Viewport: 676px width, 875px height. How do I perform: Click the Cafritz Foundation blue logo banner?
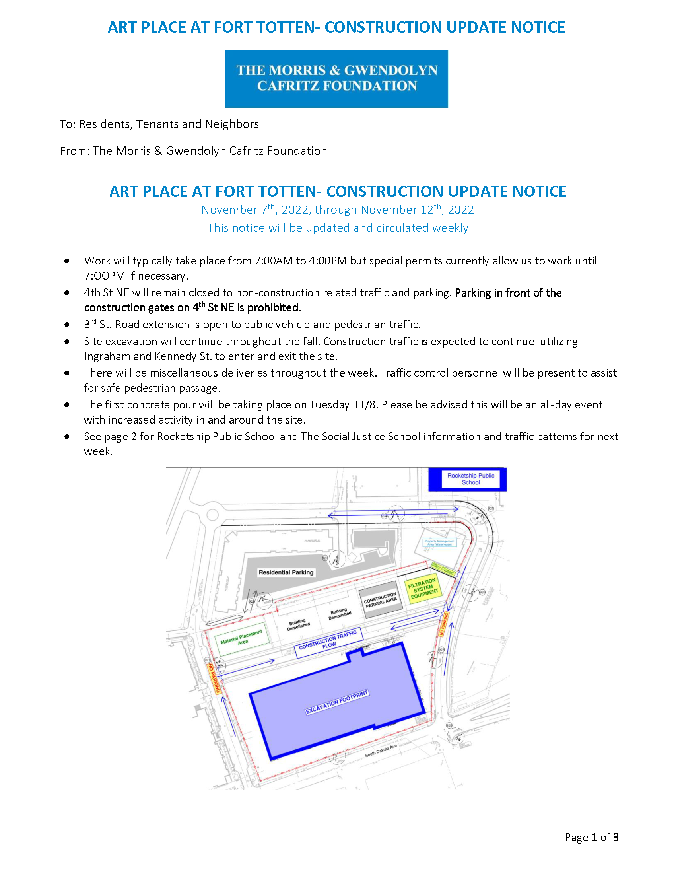click(x=336, y=78)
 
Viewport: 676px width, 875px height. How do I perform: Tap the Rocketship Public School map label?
click(x=470, y=479)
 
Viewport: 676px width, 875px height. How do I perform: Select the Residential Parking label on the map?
click(x=286, y=572)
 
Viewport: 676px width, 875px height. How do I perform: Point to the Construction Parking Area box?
click(x=381, y=600)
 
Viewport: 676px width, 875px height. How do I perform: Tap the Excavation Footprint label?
click(x=336, y=702)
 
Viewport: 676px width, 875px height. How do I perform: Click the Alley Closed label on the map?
click(x=443, y=568)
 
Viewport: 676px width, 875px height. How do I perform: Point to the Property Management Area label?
click(x=439, y=542)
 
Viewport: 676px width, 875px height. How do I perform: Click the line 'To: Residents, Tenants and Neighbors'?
click(x=159, y=124)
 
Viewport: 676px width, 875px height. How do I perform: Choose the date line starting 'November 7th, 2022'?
click(x=337, y=210)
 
